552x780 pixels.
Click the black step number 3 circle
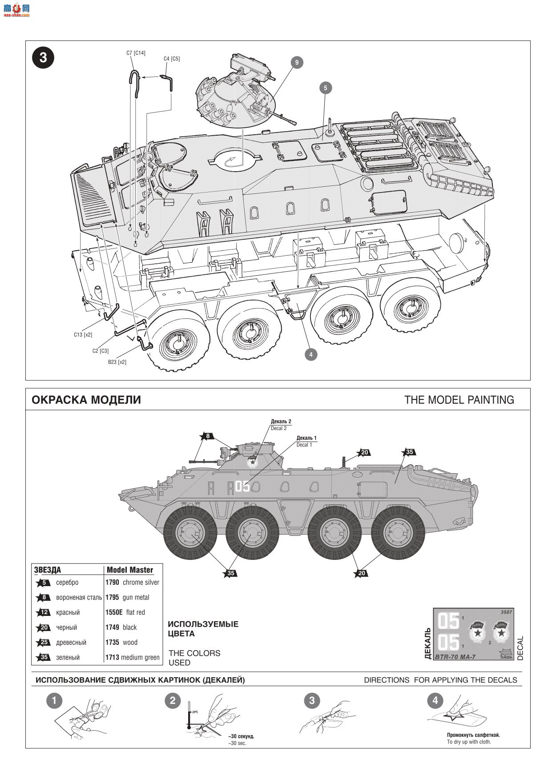[x=43, y=58]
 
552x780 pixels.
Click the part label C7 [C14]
[x=136, y=53]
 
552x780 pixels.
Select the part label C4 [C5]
[x=172, y=59]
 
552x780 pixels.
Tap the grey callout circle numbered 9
[x=297, y=63]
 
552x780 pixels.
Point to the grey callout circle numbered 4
[x=310, y=354]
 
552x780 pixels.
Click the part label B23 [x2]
[x=117, y=362]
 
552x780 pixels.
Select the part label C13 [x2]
[x=83, y=335]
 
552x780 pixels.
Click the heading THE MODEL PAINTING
[x=459, y=400]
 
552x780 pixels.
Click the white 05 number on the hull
[x=243, y=486]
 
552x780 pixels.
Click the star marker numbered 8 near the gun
[x=207, y=436]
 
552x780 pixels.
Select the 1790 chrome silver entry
[x=132, y=583]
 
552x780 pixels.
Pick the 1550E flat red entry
[x=125, y=612]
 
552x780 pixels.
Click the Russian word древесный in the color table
[x=71, y=643]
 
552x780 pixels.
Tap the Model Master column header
[x=130, y=570]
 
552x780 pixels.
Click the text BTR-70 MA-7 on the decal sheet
[x=455, y=657]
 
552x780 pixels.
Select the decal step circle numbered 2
[x=173, y=701]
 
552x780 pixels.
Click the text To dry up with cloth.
[x=469, y=742]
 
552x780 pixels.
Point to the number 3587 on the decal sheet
[x=506, y=612]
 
